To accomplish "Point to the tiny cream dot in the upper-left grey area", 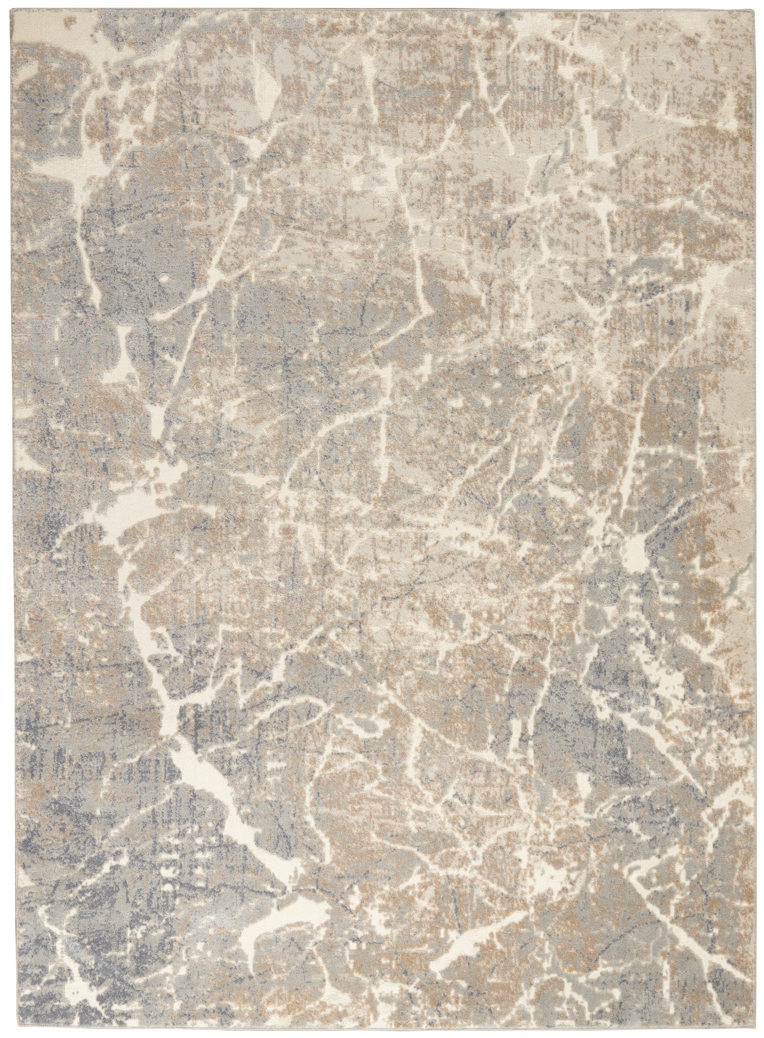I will point(164,277).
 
